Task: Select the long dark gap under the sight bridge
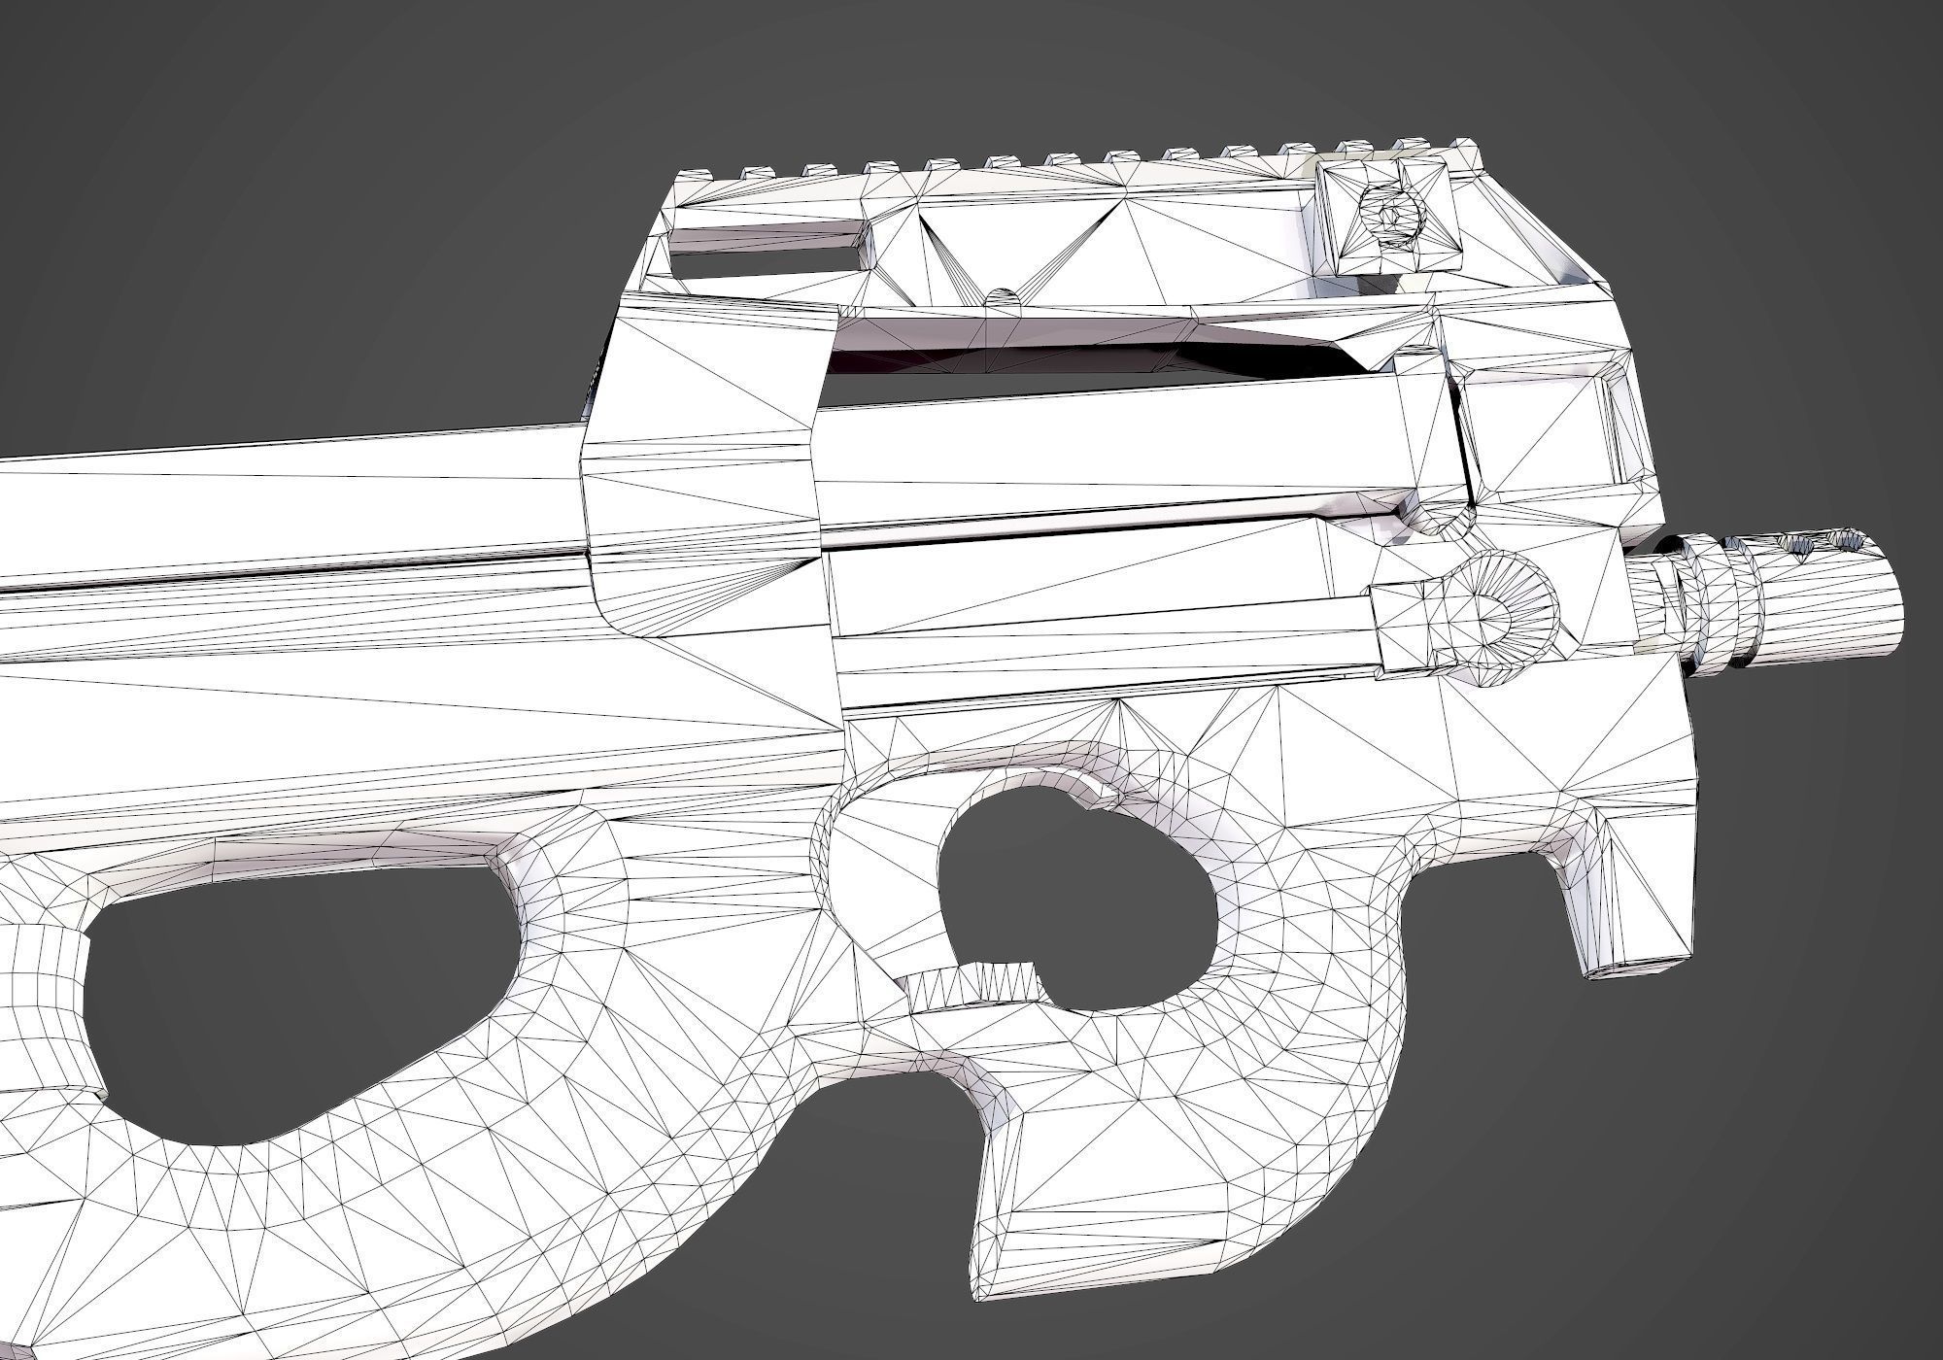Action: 1069,355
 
